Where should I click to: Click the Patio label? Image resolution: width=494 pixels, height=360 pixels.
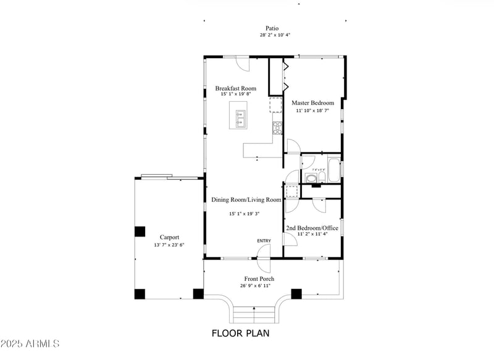[x=272, y=28]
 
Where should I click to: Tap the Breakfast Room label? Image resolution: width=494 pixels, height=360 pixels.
[x=235, y=88]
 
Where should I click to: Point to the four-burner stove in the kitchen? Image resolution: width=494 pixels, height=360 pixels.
[x=278, y=128]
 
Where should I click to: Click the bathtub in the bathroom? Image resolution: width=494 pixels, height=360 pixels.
[x=333, y=170]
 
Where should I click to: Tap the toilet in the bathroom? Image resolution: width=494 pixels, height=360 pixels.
[x=312, y=179]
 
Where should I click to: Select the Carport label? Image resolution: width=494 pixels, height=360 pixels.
[x=169, y=237]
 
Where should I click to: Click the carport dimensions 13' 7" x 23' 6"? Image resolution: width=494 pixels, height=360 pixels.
[x=169, y=245]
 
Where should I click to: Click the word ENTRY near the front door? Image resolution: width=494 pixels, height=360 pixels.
[x=264, y=241]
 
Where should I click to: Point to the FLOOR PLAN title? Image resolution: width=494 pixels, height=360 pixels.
[x=240, y=333]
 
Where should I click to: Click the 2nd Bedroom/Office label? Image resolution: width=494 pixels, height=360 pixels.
[x=312, y=228]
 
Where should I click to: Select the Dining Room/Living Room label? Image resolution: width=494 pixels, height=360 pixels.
[x=246, y=199]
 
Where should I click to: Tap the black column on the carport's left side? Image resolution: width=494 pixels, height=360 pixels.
[x=140, y=232]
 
